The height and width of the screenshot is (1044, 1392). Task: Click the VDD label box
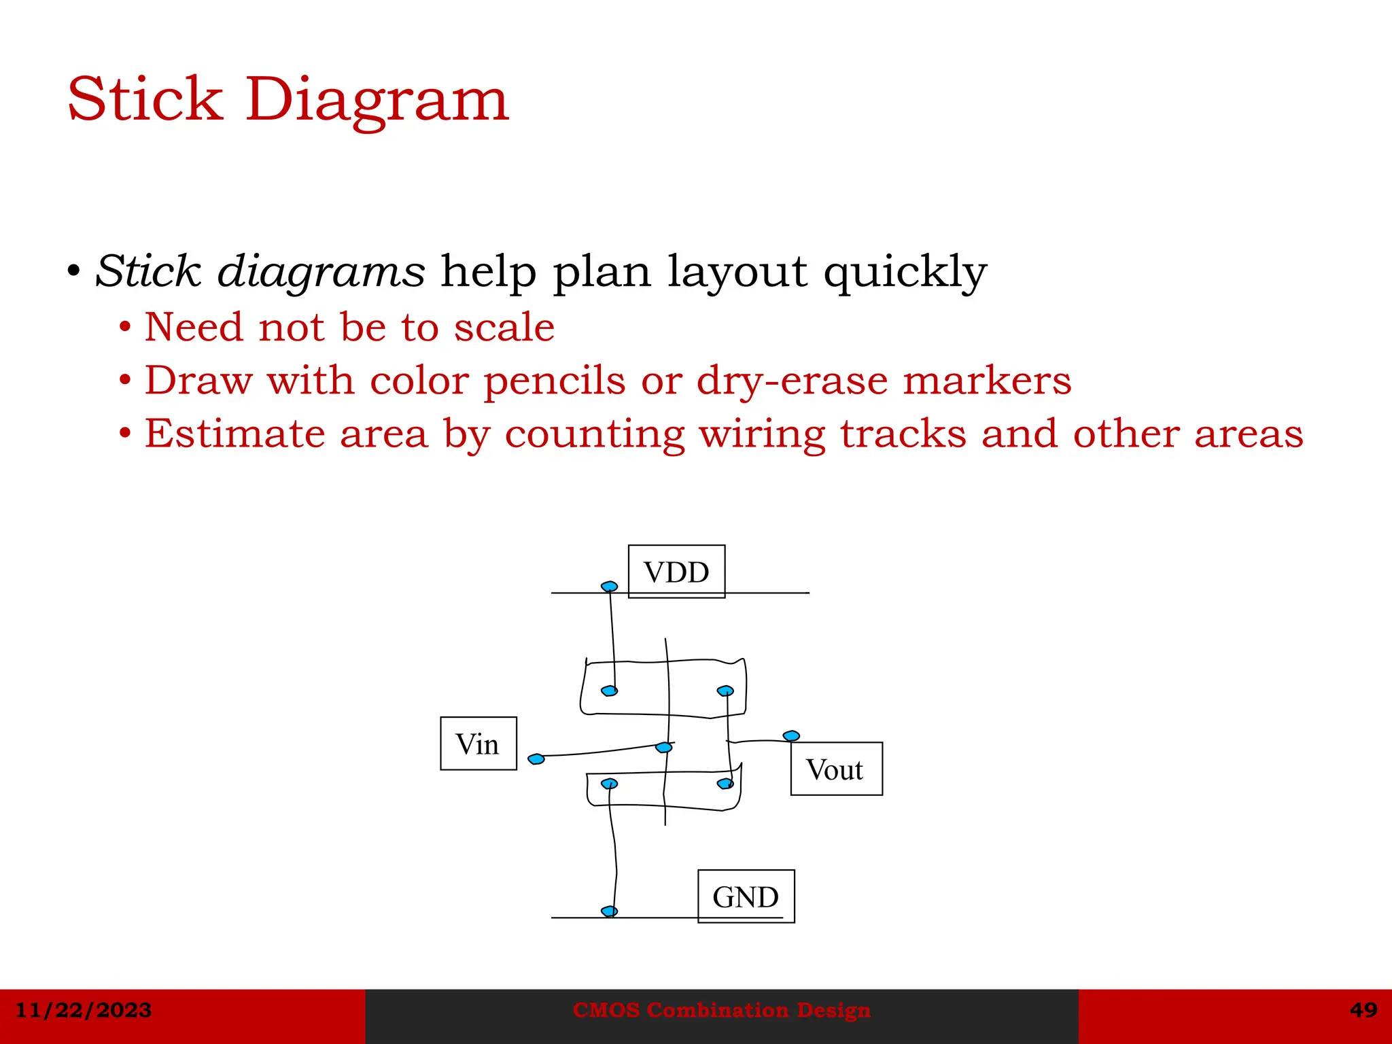point(676,572)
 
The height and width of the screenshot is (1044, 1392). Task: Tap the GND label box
point(746,897)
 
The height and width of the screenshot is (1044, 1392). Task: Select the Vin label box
point(478,744)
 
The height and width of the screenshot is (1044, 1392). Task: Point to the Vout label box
point(836,769)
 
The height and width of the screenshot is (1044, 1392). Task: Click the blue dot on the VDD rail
point(610,587)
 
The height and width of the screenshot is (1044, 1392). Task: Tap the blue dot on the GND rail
point(610,911)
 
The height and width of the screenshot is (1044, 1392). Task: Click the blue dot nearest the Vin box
point(536,759)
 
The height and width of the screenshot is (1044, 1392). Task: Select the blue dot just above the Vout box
point(791,736)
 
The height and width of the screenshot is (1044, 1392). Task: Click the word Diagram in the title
point(377,100)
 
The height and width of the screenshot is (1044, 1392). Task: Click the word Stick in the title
point(145,100)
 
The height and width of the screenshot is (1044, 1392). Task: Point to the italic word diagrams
point(321,272)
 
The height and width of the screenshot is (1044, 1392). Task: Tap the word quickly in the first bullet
point(905,272)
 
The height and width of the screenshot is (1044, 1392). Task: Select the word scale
point(504,328)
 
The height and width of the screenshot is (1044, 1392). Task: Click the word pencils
point(554,380)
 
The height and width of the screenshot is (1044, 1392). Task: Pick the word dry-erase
point(793,380)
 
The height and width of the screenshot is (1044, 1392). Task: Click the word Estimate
point(235,434)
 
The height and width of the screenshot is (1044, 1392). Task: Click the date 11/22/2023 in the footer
point(84,1010)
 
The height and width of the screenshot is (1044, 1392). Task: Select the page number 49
point(1363,1010)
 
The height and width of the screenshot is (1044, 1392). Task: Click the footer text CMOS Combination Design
point(721,1010)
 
